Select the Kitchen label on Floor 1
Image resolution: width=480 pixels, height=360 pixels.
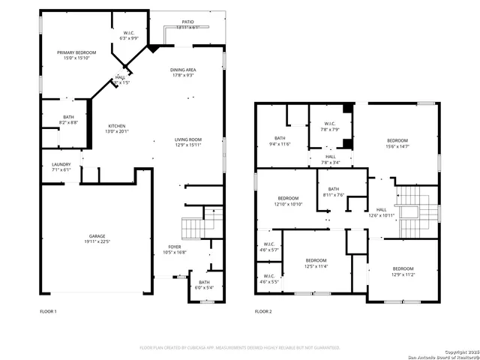pyautogui.click(x=116, y=128)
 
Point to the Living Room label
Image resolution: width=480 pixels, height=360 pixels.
pyautogui.click(x=188, y=142)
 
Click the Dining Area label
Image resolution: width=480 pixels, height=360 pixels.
pyautogui.click(x=183, y=72)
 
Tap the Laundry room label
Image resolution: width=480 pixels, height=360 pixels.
pyautogui.click(x=61, y=166)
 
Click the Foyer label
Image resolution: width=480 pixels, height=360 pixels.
pyautogui.click(x=174, y=249)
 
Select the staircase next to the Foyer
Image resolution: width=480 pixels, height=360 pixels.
pyautogui.click(x=193, y=226)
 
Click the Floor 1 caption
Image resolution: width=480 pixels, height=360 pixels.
pyautogui.click(x=48, y=310)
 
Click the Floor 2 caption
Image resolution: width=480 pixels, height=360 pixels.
pyautogui.click(x=263, y=310)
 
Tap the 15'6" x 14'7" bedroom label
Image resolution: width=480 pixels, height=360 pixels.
pyautogui.click(x=397, y=143)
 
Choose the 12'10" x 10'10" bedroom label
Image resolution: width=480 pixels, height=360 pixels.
pyautogui.click(x=286, y=201)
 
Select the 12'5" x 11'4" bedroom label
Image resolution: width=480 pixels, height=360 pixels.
pyautogui.click(x=316, y=262)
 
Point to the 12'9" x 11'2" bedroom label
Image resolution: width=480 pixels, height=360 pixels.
pyautogui.click(x=403, y=271)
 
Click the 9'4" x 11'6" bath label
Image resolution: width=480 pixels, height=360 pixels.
pyautogui.click(x=280, y=141)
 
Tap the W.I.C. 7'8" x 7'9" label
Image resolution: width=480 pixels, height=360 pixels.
pyautogui.click(x=328, y=126)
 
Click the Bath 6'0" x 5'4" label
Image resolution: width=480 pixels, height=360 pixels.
pyautogui.click(x=204, y=284)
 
